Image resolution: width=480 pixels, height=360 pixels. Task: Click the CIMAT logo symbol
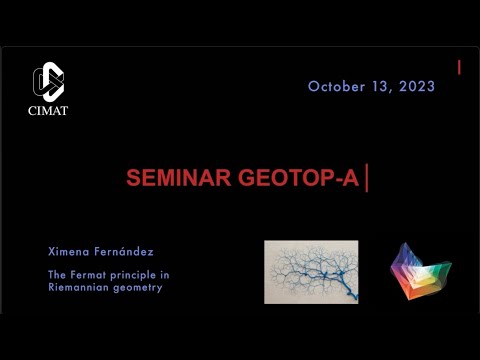coord(47,81)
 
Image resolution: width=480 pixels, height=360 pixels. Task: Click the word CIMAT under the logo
coord(47,110)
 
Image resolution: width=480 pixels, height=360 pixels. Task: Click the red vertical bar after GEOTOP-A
coord(368,179)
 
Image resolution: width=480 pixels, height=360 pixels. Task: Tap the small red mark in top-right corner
coord(459,67)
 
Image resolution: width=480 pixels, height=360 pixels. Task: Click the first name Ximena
coord(68,250)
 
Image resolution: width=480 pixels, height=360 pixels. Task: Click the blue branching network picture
coord(311,271)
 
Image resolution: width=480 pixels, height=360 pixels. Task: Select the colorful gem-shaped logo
coord(419,271)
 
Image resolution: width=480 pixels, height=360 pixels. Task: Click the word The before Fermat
coord(56,275)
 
